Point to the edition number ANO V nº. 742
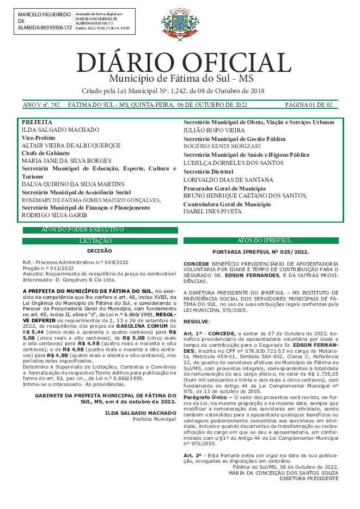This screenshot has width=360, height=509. click(41, 105)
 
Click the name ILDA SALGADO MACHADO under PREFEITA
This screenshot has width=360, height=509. click(60, 130)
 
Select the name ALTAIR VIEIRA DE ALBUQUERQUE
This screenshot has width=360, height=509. click(71, 146)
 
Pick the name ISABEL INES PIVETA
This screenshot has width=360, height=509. click(212, 211)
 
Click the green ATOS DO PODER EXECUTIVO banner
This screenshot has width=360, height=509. click(82, 230)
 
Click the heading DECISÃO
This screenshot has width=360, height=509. click(99, 251)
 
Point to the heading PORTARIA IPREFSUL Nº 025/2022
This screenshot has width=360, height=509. click(260, 252)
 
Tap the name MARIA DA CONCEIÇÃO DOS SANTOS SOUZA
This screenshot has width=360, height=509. click(284, 473)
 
